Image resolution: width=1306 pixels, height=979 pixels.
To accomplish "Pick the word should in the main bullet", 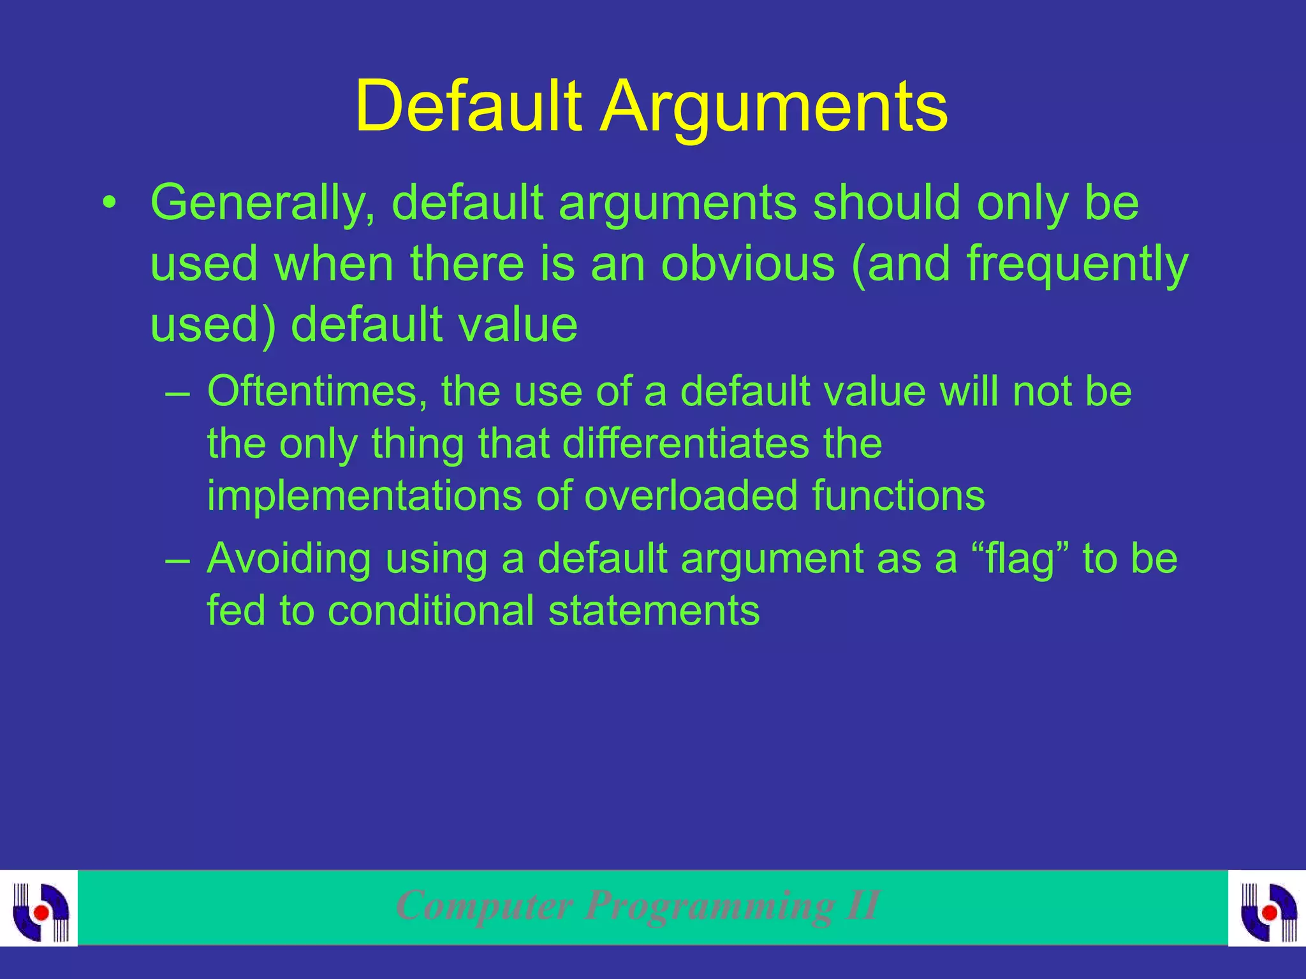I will point(887,203).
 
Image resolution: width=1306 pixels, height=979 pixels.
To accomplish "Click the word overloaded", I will point(691,496).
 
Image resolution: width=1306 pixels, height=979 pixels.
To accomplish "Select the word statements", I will point(654,611).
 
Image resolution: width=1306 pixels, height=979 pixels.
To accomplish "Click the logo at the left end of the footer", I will point(39,908).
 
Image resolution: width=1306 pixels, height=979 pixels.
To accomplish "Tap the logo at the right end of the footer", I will point(1267,908).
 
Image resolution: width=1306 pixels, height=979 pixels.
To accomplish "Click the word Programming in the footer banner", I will point(710,905).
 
